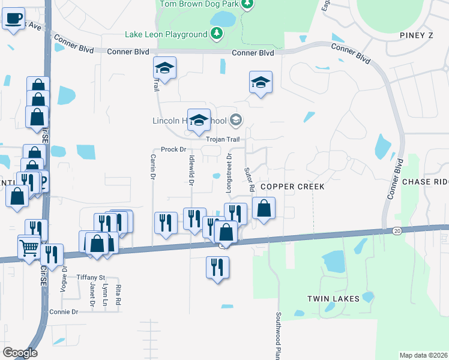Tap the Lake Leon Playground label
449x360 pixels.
166,34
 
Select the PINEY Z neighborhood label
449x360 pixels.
415,35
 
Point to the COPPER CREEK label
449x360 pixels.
292,187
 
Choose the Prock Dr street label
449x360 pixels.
174,149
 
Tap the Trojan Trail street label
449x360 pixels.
223,139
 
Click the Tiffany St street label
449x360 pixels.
91,277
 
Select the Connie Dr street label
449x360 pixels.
64,312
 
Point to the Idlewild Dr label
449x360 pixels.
191,169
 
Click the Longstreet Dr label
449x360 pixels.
229,172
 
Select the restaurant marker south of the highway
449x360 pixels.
217,267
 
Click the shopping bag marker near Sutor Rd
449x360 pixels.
264,209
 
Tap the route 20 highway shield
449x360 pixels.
398,231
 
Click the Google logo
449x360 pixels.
20,353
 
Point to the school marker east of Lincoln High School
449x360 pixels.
261,82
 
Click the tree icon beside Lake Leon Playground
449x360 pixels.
217,34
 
